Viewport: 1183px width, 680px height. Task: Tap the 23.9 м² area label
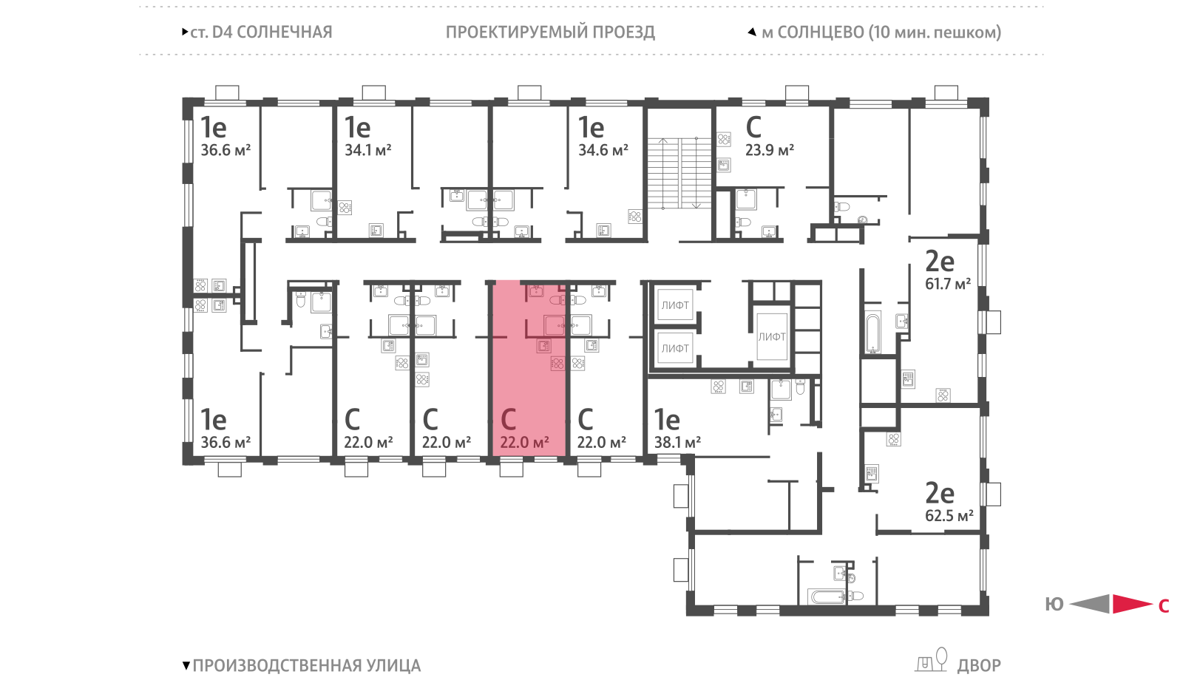(x=770, y=151)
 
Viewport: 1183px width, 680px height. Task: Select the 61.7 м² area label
(x=947, y=284)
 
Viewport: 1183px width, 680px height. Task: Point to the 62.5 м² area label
(x=949, y=515)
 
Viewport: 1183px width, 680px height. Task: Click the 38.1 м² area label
(x=677, y=443)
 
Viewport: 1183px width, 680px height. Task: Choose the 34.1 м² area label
(x=368, y=151)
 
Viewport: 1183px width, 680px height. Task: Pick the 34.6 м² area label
(x=603, y=151)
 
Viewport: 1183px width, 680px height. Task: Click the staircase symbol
(x=679, y=173)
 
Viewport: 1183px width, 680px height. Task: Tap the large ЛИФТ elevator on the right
(x=772, y=336)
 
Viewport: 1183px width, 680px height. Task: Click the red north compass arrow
(x=1132, y=604)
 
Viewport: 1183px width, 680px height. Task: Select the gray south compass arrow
(x=1090, y=604)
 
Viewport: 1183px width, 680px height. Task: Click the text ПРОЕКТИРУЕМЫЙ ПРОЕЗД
(x=550, y=33)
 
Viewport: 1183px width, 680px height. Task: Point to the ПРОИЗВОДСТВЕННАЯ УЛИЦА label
(x=306, y=665)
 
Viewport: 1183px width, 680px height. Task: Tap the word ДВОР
(x=979, y=665)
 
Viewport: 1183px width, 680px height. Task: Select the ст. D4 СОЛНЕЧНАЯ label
(x=261, y=33)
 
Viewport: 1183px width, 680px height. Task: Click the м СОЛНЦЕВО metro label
(x=881, y=33)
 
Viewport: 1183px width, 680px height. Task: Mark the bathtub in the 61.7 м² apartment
(x=872, y=333)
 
